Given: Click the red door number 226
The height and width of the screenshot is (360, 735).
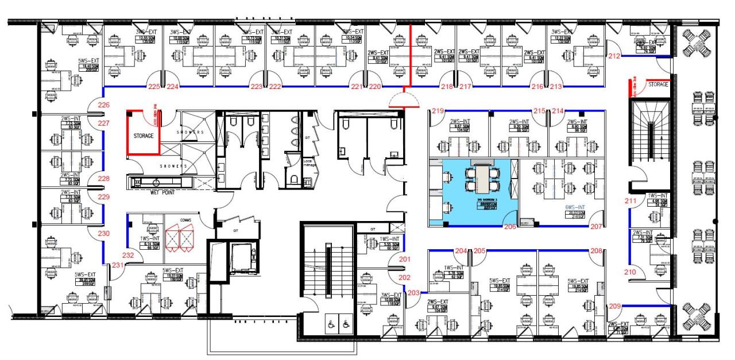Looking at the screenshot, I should tap(103, 105).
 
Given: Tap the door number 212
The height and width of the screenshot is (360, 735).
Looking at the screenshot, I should tap(614, 56).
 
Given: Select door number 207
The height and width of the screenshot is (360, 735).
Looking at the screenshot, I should tap(596, 227).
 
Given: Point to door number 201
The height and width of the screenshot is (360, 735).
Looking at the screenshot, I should tap(405, 259).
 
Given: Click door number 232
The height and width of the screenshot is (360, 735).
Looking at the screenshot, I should tap(129, 255).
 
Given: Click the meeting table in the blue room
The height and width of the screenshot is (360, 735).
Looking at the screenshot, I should tap(479, 179).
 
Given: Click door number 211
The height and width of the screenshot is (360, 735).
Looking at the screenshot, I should tap(631, 201).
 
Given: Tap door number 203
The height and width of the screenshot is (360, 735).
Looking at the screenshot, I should tap(413, 292).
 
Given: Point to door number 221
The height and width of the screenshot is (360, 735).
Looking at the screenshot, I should tap(358, 87).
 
